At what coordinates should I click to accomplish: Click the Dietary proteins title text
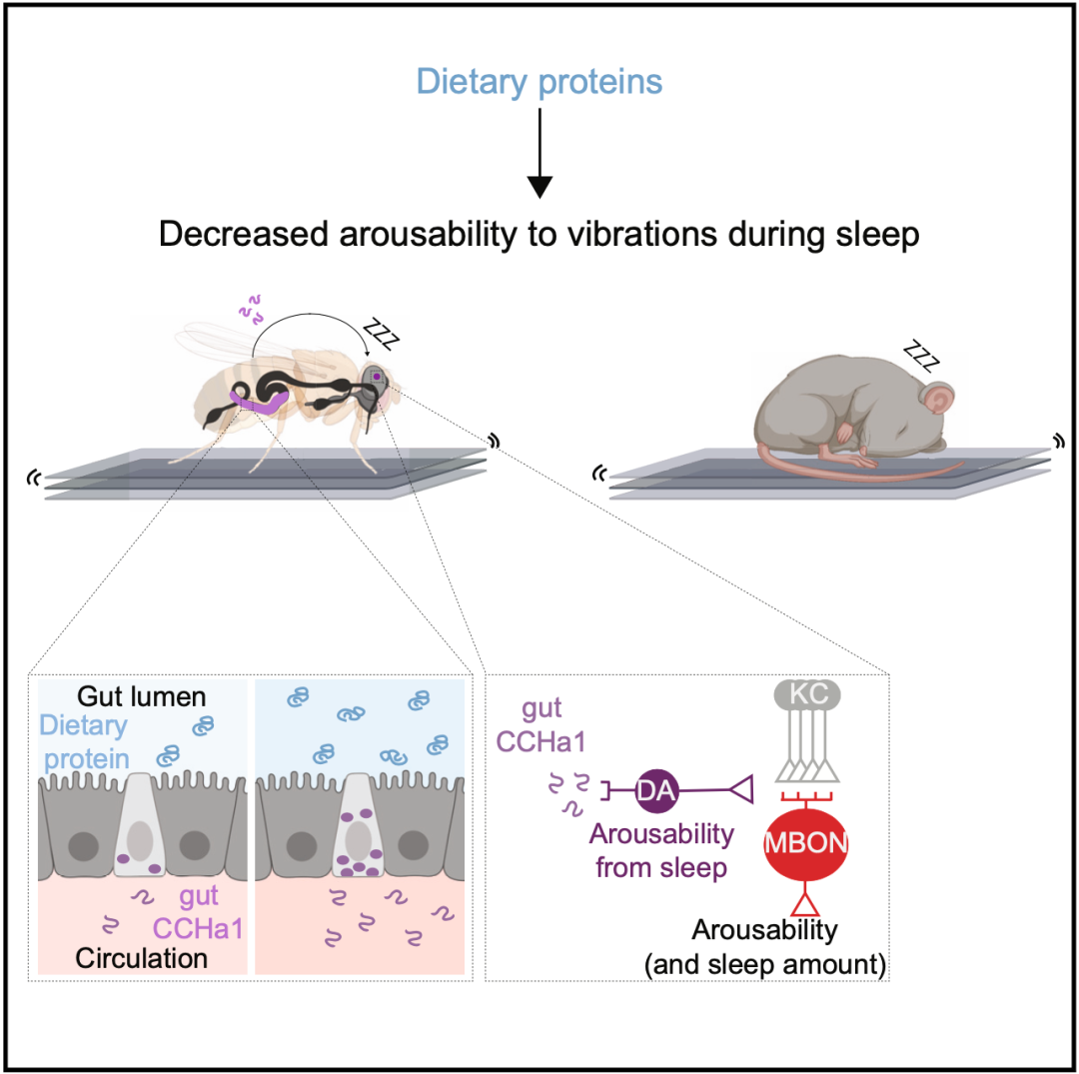click(x=539, y=82)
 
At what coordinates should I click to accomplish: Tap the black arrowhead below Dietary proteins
click(x=539, y=187)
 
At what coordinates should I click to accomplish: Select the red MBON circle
click(x=806, y=843)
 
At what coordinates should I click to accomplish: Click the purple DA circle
click(x=656, y=791)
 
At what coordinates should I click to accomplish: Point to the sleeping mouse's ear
click(x=937, y=399)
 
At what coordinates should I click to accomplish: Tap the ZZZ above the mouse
click(x=922, y=355)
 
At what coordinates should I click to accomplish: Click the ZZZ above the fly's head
click(x=382, y=335)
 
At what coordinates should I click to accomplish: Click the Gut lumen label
click(x=142, y=697)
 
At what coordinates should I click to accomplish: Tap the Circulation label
click(x=141, y=958)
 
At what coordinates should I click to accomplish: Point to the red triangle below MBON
click(x=806, y=904)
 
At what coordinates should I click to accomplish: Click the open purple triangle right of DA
click(x=741, y=790)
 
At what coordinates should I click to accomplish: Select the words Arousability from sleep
click(x=661, y=851)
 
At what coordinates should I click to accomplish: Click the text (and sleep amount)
click(x=765, y=965)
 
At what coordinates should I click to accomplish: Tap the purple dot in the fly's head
click(x=377, y=377)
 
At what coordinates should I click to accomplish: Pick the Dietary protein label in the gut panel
click(x=84, y=742)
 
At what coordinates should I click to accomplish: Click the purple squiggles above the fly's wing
click(x=251, y=309)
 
